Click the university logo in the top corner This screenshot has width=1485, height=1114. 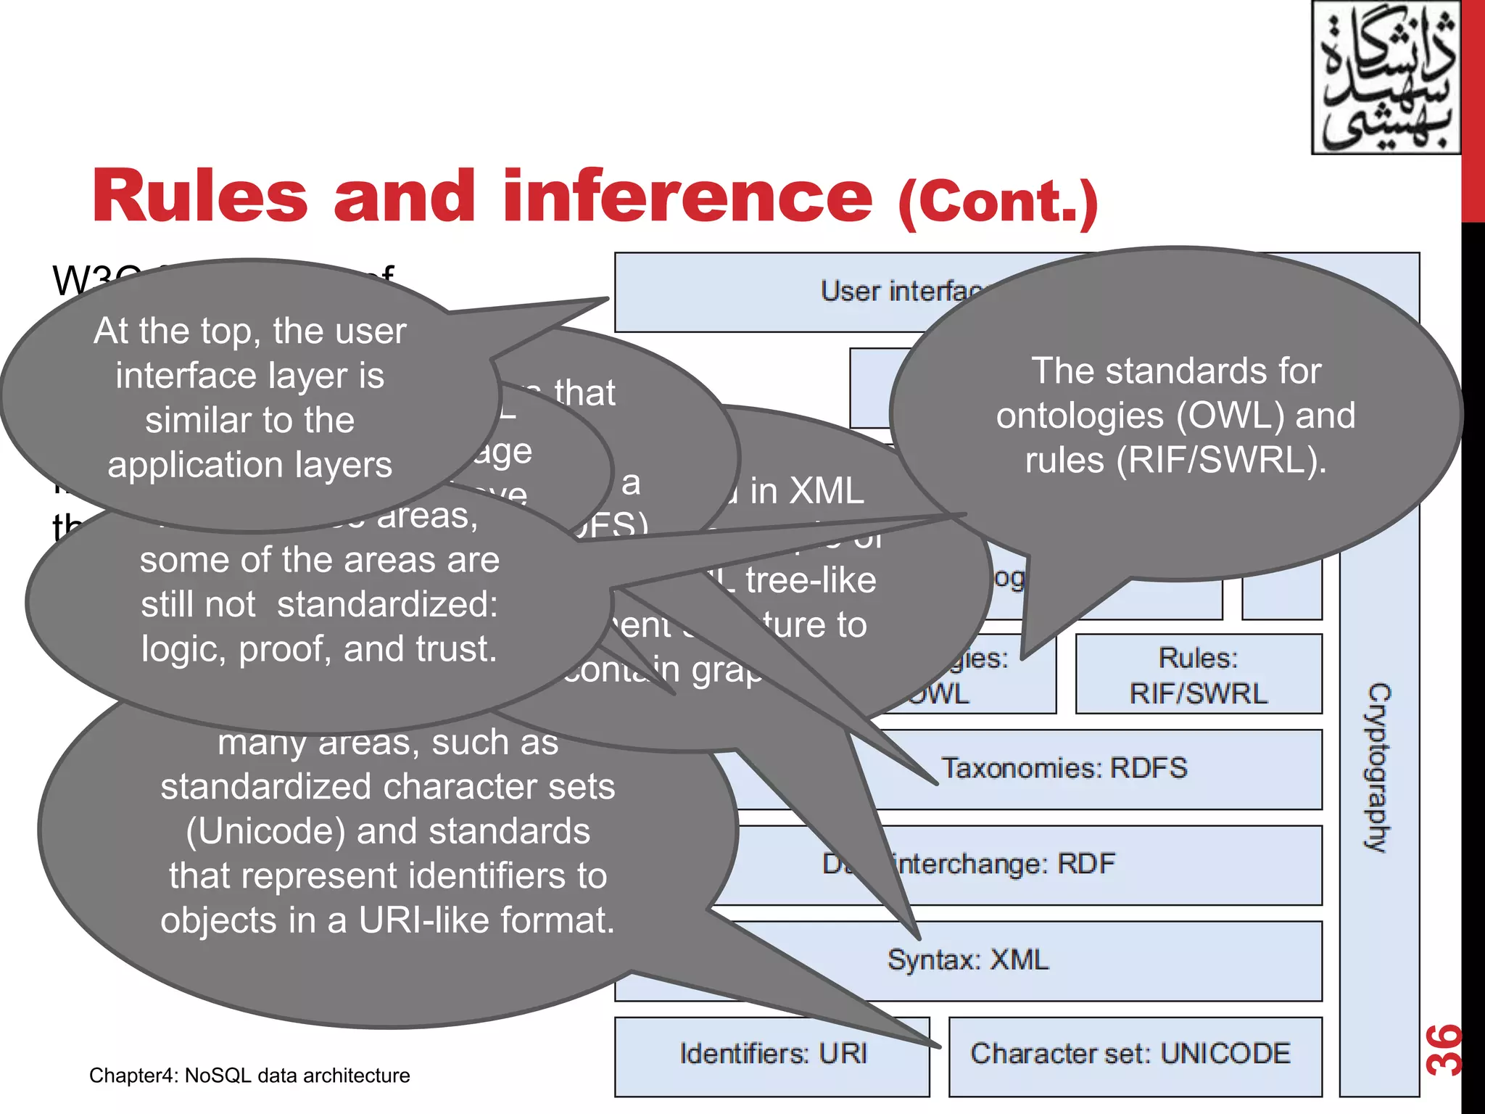(1385, 78)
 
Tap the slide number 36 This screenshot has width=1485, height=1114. (1444, 1049)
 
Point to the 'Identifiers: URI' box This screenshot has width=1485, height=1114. (773, 1054)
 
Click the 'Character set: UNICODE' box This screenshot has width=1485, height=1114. (1130, 1054)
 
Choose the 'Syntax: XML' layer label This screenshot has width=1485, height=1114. (968, 960)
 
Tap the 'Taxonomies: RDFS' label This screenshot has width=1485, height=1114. (1064, 768)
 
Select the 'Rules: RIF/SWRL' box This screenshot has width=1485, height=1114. (1198, 675)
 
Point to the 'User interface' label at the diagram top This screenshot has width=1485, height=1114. (899, 292)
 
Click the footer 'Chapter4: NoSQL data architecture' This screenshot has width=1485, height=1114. (249, 1076)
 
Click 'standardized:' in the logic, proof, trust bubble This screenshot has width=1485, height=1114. (388, 604)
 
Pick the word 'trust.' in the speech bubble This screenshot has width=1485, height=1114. (457, 649)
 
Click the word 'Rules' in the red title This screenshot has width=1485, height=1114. (200, 196)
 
